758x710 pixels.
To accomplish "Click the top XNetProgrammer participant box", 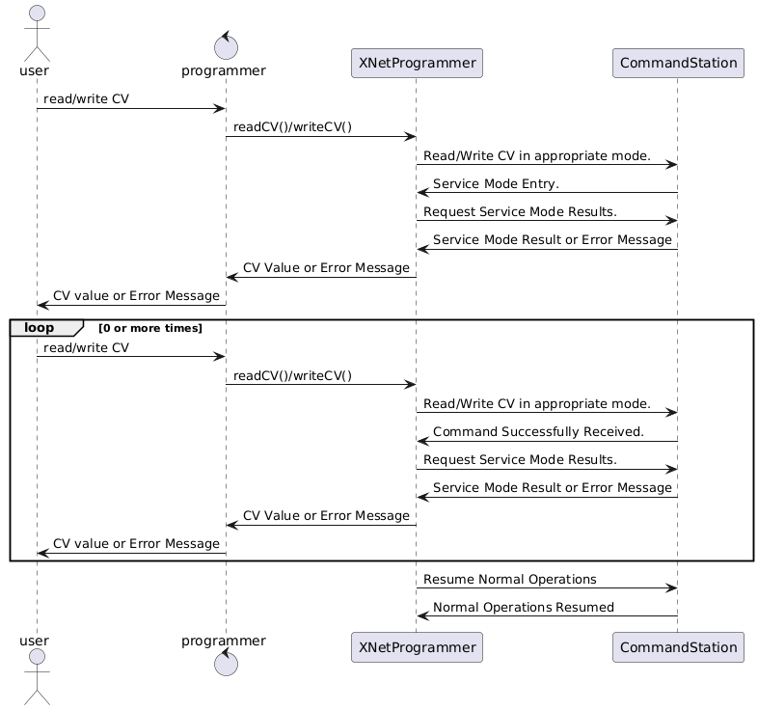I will click(416, 64).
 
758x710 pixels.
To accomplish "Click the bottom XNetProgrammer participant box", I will click(416, 647).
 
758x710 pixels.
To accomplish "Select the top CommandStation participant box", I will click(678, 64).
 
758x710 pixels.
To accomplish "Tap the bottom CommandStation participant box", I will click(678, 647).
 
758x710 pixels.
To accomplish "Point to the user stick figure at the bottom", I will click(36, 675).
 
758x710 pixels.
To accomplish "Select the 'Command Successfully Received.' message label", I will click(538, 431).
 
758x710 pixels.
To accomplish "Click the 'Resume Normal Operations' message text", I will click(509, 580).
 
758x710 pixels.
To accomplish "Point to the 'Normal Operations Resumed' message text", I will click(523, 608).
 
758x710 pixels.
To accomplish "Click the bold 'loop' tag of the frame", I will click(40, 328).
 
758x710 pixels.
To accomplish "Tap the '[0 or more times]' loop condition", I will click(150, 329).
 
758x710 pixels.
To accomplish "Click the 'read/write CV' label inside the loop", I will click(86, 347).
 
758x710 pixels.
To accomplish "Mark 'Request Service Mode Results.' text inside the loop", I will click(520, 459).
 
